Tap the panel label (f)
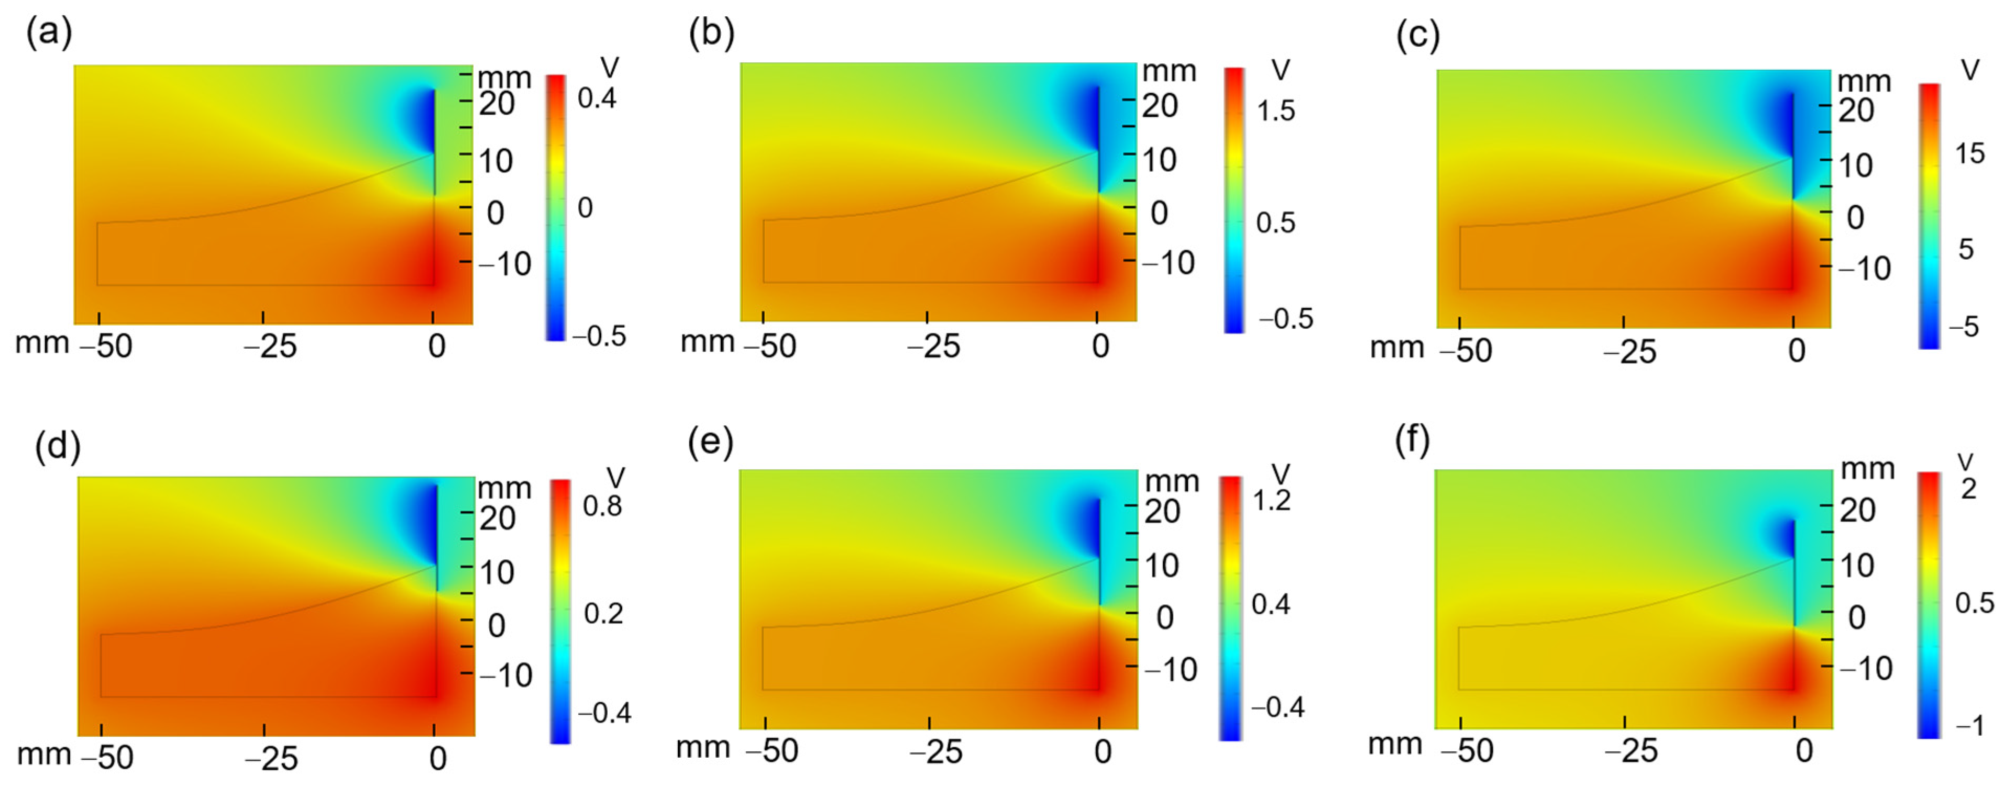(1412, 441)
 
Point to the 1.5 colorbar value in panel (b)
(1276, 112)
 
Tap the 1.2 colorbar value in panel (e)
(1271, 501)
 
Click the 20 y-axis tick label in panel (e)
(1162, 511)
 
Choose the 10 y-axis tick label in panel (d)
(497, 573)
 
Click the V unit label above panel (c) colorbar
(1970, 71)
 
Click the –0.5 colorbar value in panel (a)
(599, 336)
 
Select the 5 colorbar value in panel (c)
(1966, 249)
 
